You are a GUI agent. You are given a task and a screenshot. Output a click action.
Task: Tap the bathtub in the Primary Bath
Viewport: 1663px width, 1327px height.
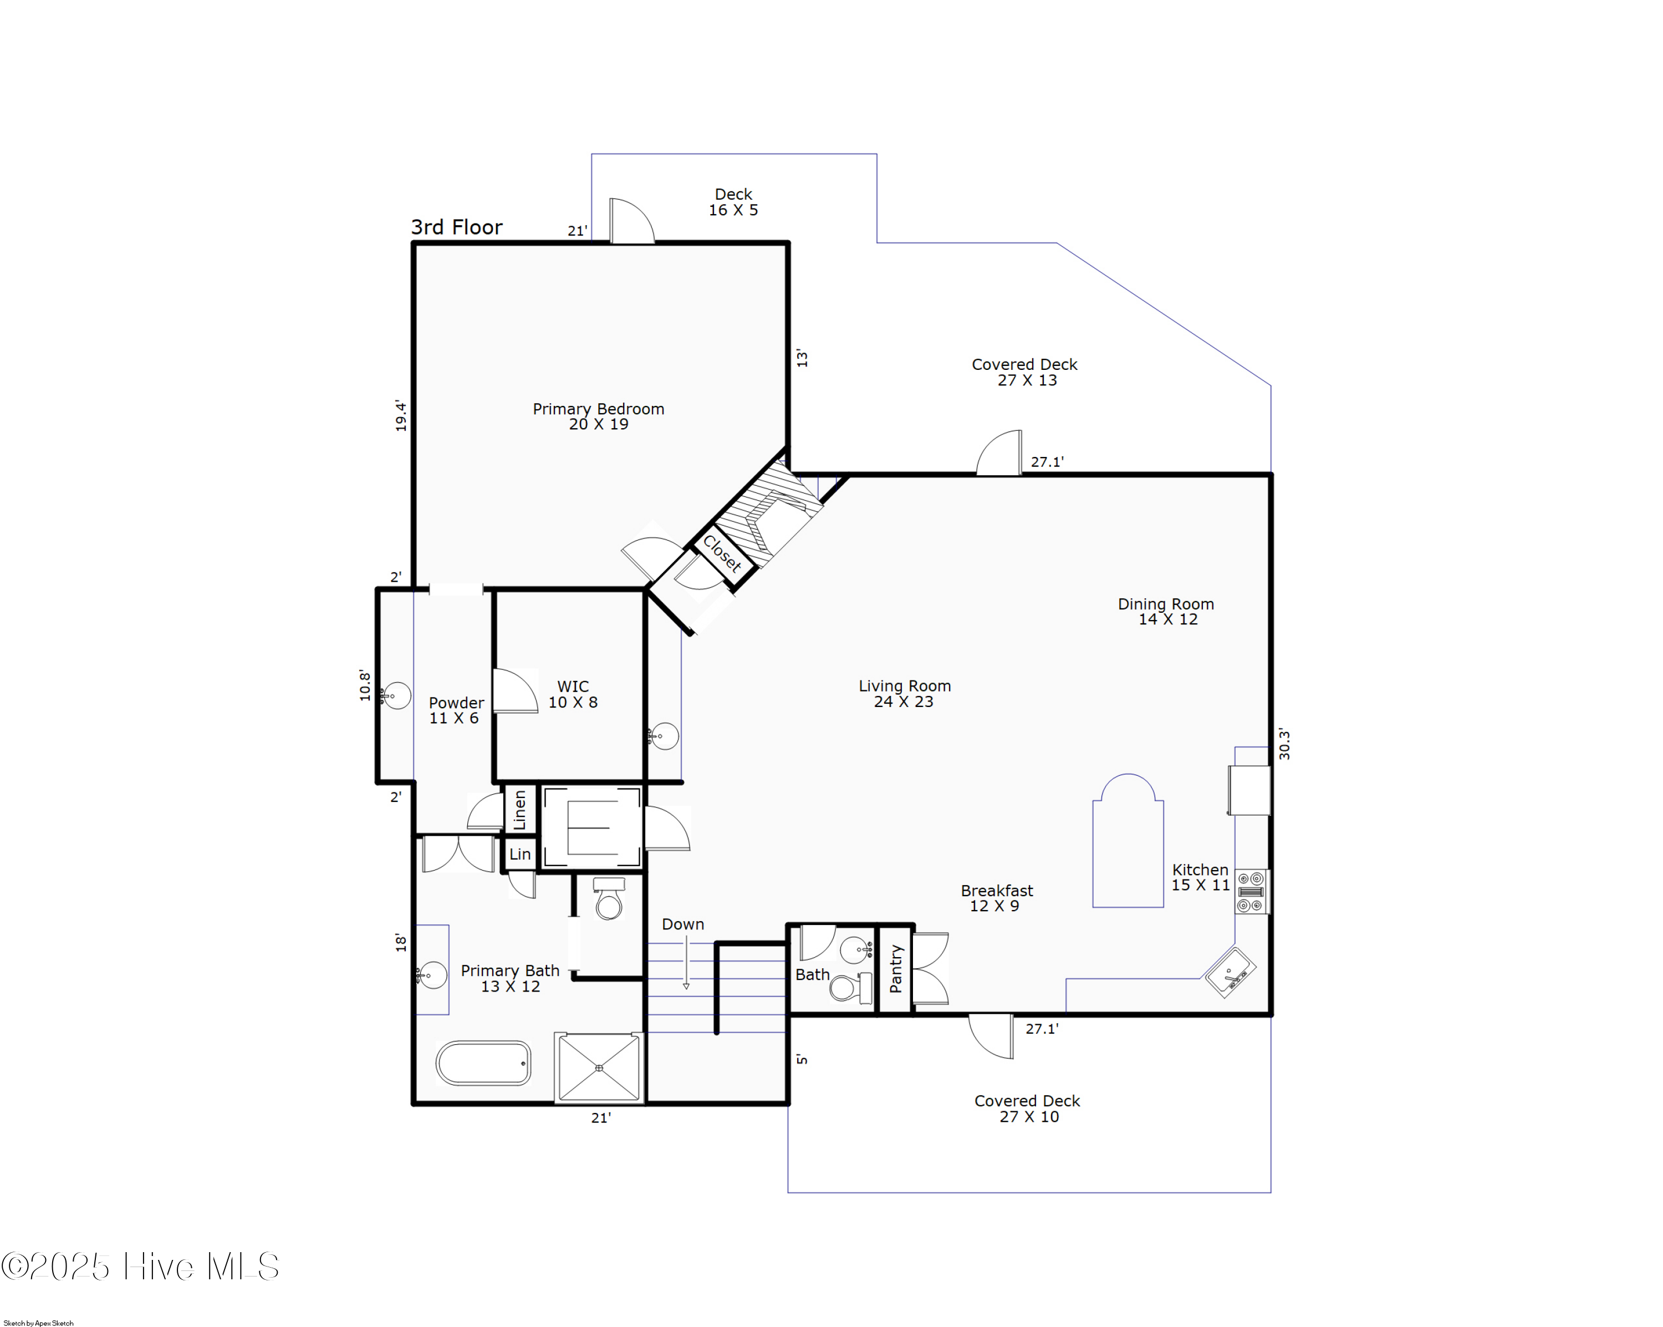coord(483,1062)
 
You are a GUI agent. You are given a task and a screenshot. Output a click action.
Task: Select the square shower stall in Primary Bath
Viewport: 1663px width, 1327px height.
coord(599,1068)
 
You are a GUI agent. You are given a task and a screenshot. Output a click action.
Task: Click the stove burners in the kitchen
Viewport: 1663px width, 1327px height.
coord(1251,892)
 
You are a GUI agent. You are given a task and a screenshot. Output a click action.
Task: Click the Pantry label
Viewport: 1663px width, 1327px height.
coord(895,969)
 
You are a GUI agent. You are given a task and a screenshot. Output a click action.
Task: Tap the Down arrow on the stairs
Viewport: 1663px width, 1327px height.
coord(686,962)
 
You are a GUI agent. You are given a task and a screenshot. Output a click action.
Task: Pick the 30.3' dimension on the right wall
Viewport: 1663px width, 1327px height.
coord(1284,744)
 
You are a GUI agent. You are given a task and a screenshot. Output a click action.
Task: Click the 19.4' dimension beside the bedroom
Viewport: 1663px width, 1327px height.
coord(400,415)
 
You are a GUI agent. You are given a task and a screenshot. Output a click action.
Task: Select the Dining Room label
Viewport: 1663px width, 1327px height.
coord(1166,611)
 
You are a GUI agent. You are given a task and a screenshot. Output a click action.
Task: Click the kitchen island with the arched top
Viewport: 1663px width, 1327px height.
coord(1128,841)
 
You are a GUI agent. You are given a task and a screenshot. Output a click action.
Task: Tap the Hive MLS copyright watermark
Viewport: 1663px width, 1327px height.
coord(140,1267)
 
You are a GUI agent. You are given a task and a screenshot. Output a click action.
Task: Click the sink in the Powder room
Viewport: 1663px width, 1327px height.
coord(396,696)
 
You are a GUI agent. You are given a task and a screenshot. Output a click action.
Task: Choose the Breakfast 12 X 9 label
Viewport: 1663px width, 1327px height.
coord(997,898)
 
